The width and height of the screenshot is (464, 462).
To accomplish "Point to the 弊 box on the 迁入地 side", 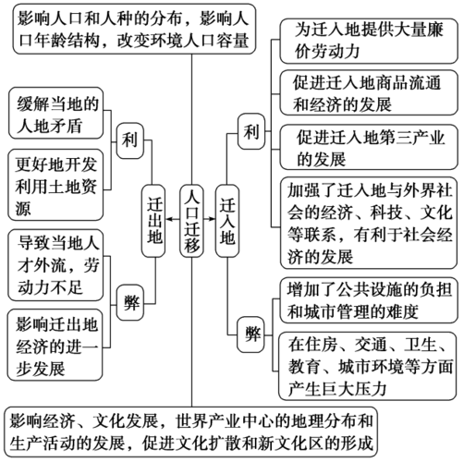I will [250, 330].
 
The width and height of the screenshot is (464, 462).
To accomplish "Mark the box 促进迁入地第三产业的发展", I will [365, 147].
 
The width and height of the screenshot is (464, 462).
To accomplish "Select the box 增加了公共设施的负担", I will [365, 298].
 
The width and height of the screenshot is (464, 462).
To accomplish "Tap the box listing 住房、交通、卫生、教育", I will [365, 366].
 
